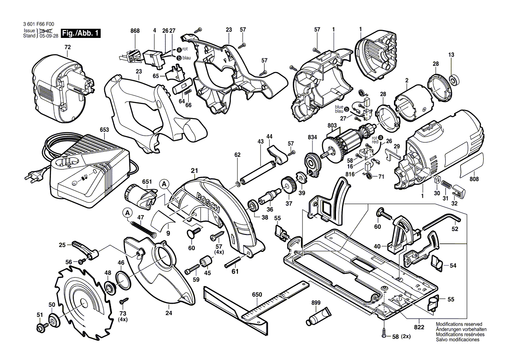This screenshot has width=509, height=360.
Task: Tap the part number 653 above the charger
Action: tap(104, 129)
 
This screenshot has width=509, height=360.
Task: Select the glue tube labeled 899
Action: tap(318, 316)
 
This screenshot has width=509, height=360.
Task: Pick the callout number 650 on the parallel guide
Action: tap(257, 295)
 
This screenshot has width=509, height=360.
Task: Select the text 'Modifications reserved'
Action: tap(459, 325)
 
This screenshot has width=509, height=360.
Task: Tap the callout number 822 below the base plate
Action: tap(419, 327)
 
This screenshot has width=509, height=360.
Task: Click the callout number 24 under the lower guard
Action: tap(169, 312)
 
